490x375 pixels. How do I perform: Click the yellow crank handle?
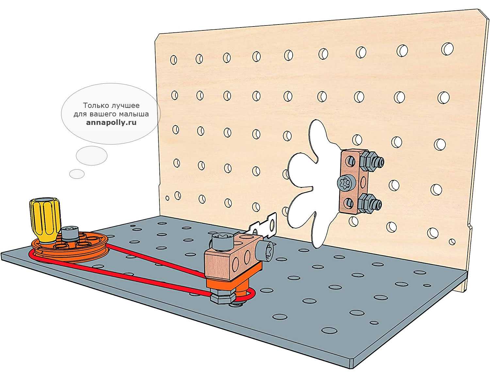point(45,220)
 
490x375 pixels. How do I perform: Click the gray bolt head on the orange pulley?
point(70,233)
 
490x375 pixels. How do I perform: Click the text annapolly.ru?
point(111,122)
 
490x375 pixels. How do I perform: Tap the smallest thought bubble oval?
point(77,174)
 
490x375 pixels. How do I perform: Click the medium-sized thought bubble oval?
point(91,156)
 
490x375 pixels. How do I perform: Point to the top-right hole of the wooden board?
point(447,49)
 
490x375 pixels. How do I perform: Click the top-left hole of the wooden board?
point(173,60)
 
